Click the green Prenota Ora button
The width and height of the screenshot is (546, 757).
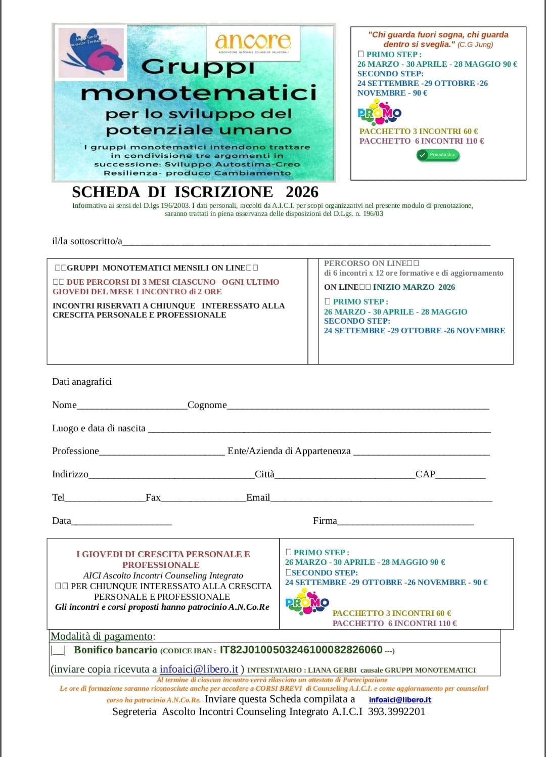point(438,155)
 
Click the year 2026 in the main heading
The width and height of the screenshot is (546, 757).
point(302,192)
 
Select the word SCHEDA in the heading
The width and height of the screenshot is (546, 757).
point(106,192)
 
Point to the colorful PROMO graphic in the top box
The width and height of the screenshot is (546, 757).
point(379,113)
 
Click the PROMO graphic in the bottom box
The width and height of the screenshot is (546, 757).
point(307,602)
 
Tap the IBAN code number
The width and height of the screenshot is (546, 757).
point(301,650)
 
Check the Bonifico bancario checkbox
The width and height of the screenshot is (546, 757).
point(58,650)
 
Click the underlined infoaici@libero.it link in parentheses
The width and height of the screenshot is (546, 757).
point(199,669)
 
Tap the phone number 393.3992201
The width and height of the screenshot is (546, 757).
point(396,711)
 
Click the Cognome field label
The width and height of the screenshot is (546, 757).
point(207,405)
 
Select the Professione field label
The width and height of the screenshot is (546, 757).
point(75,451)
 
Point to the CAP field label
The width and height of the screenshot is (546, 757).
point(425,474)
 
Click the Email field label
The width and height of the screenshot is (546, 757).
point(258,498)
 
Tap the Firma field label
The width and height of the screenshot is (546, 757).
point(325,521)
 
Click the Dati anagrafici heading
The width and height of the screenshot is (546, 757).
point(82,382)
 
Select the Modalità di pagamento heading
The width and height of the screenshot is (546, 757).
point(103,636)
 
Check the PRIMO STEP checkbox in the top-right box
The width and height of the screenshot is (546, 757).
point(360,54)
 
